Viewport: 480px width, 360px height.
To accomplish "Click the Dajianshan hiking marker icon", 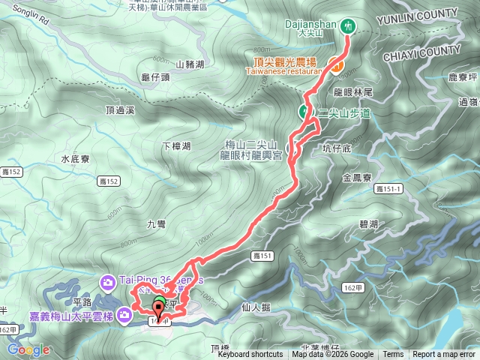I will [348, 25].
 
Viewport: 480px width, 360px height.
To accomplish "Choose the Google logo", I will [28, 349].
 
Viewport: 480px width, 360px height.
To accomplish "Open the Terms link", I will [393, 355].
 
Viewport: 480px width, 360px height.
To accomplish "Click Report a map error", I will [444, 355].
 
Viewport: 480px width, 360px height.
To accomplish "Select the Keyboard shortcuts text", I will [250, 355].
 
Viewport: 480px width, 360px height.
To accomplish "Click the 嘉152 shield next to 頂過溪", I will [109, 181].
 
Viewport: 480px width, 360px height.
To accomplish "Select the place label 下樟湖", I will [176, 145].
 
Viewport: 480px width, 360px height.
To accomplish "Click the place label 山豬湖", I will [189, 64].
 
